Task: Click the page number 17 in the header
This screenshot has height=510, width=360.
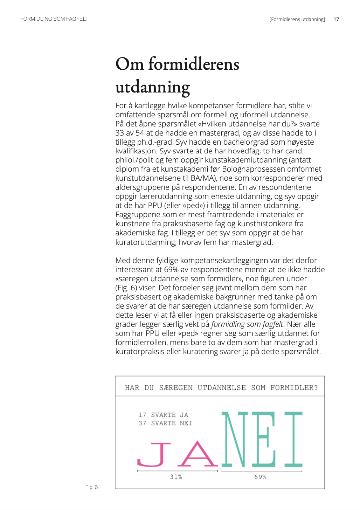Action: click(336, 19)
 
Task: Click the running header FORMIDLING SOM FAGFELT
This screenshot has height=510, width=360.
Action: click(54, 19)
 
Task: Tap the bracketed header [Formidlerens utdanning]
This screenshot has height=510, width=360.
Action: click(297, 19)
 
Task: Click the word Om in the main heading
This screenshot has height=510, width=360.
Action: click(129, 64)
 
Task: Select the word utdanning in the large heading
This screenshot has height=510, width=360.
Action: click(153, 88)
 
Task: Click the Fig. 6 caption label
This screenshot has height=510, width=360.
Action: click(91, 487)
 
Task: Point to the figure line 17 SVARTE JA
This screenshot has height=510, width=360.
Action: click(163, 415)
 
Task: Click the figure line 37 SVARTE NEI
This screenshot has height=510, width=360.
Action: click(165, 423)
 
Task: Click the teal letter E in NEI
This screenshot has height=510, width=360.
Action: click(263, 439)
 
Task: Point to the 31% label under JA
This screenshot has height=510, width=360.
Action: click(176, 477)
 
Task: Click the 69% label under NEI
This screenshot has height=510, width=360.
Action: click(260, 477)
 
